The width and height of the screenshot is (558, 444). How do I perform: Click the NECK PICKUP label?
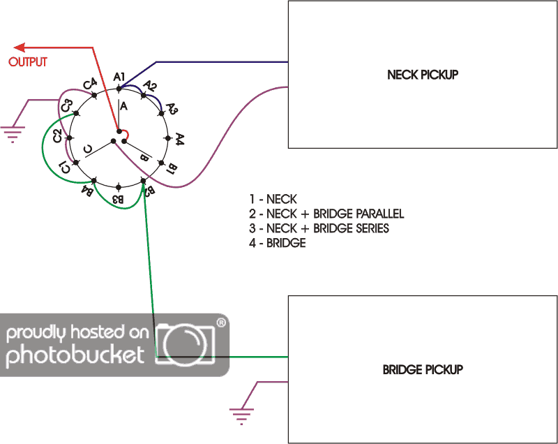click(x=423, y=75)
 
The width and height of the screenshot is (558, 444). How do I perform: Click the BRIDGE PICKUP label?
click(x=423, y=369)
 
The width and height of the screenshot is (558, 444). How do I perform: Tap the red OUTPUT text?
click(x=28, y=62)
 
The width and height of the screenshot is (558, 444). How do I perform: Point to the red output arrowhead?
click(x=21, y=47)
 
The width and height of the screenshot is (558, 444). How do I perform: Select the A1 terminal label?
click(x=119, y=76)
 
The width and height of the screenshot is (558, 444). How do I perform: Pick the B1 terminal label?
click(x=172, y=168)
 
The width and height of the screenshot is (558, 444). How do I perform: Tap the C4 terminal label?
click(x=90, y=84)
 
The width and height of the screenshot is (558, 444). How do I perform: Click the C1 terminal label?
click(x=63, y=167)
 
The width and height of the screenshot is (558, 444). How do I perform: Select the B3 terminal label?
click(x=119, y=200)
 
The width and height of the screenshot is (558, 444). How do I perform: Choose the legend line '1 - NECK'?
click(x=273, y=200)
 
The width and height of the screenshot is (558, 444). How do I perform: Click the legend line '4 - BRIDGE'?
click(x=277, y=244)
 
